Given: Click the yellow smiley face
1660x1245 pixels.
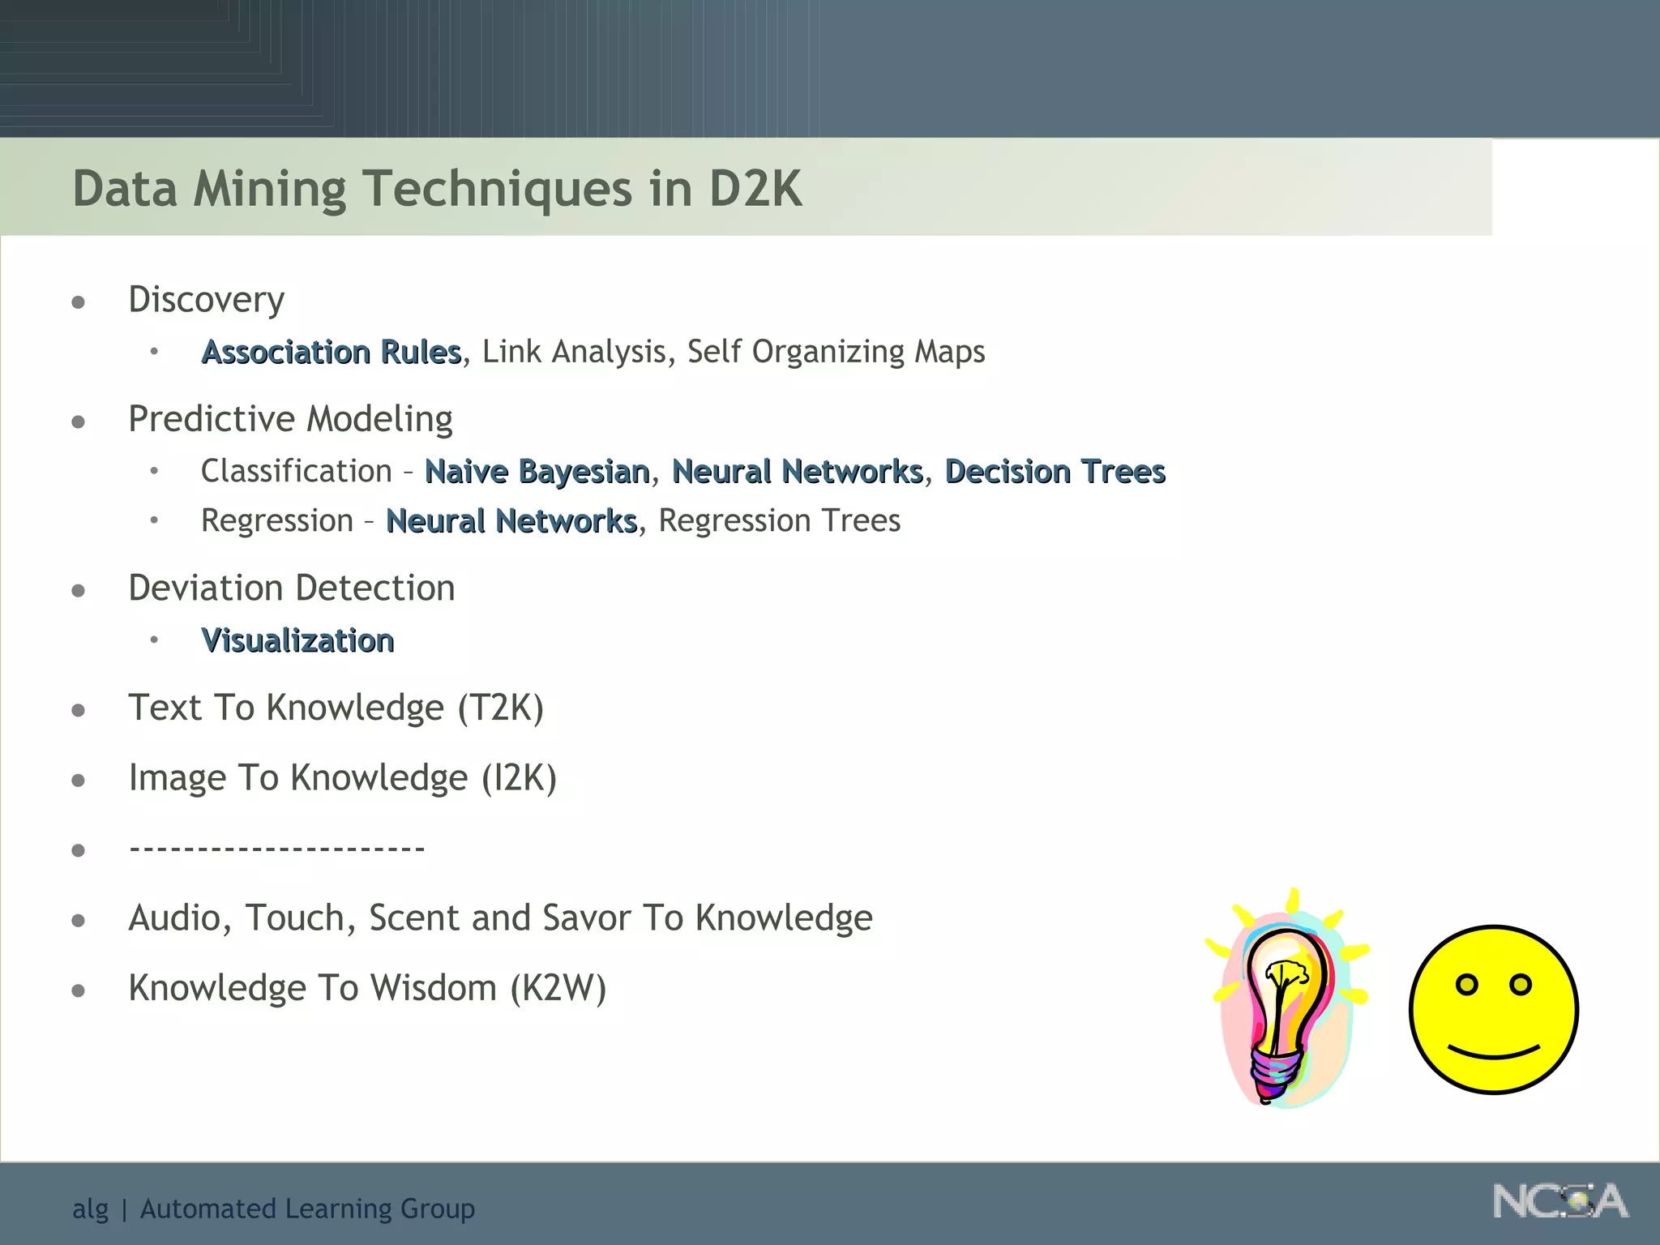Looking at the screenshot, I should [x=1493, y=1010].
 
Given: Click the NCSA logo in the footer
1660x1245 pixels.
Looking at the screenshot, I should [x=1559, y=1201].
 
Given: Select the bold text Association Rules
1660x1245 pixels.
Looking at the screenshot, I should [x=332, y=353].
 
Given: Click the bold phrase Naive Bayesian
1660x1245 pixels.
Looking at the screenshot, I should [x=537, y=472].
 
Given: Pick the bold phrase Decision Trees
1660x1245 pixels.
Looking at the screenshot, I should [x=1055, y=472].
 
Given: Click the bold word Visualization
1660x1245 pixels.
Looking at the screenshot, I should [x=297, y=641].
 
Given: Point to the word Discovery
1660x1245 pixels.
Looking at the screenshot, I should [x=207, y=300].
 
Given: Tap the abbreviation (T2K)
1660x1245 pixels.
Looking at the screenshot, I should [x=500, y=708].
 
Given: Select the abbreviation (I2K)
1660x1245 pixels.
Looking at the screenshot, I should [x=519, y=778].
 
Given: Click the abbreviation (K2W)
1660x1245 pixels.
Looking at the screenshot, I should [x=558, y=988].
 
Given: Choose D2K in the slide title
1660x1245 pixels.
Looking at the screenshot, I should [x=755, y=189].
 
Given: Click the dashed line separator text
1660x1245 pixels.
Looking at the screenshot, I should [x=277, y=849].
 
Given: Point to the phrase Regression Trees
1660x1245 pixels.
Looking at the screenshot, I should [x=779, y=521].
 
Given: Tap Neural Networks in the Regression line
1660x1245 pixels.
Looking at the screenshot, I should [x=511, y=521].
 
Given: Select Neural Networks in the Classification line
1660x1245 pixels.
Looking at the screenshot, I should [x=798, y=472].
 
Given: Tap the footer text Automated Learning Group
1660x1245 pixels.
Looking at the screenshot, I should [x=307, y=1209].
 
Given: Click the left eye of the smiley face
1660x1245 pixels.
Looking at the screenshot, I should [x=1466, y=985].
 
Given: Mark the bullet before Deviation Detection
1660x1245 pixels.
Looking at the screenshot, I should [x=79, y=590].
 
